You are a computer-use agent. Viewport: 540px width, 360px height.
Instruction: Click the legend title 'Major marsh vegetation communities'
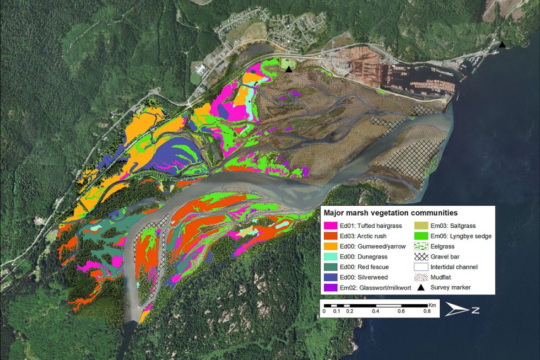[391, 212]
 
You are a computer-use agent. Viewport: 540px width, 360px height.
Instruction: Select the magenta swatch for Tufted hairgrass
[331, 225]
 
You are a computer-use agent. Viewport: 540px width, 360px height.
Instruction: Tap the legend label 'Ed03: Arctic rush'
[366, 235]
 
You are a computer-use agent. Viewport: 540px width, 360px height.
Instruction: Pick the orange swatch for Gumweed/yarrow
[331, 246]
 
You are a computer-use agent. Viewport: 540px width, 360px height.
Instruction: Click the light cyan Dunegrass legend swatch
[331, 256]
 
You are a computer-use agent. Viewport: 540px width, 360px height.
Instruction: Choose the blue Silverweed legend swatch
[331, 277]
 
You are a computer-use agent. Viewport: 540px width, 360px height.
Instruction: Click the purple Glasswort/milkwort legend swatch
[331, 288]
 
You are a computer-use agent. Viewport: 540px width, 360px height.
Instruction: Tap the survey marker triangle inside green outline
[288, 69]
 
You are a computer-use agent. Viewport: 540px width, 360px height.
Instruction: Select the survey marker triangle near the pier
[501, 45]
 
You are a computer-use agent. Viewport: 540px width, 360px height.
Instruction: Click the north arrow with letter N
[462, 310]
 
